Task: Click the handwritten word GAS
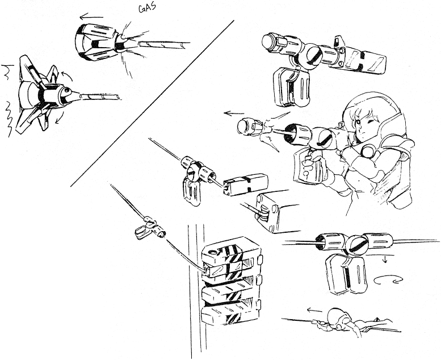tap(147, 8)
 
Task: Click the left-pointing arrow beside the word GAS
tap(92, 16)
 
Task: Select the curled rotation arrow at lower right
tap(388, 280)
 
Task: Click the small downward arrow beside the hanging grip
tap(385, 259)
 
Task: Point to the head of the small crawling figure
tap(337, 316)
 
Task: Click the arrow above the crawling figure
tap(314, 311)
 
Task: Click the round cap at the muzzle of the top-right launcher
tap(269, 41)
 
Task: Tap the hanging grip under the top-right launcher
tap(291, 87)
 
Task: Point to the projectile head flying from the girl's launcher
tap(247, 127)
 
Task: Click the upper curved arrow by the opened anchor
tap(66, 76)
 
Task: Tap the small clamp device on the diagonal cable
tap(150, 229)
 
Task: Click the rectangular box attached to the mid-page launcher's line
tap(245, 185)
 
